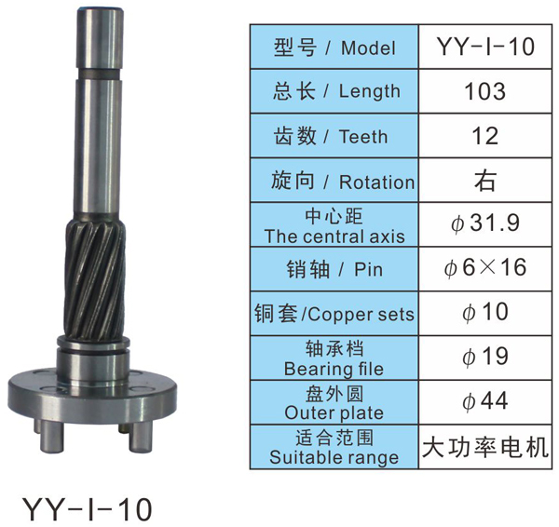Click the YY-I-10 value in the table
485,47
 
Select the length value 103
484,91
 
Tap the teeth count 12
484,136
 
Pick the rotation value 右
485,181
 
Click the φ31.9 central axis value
485,223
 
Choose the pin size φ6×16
485,268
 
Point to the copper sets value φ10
485,312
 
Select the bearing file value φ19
485,357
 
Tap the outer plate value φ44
485,401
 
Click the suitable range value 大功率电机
485,447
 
